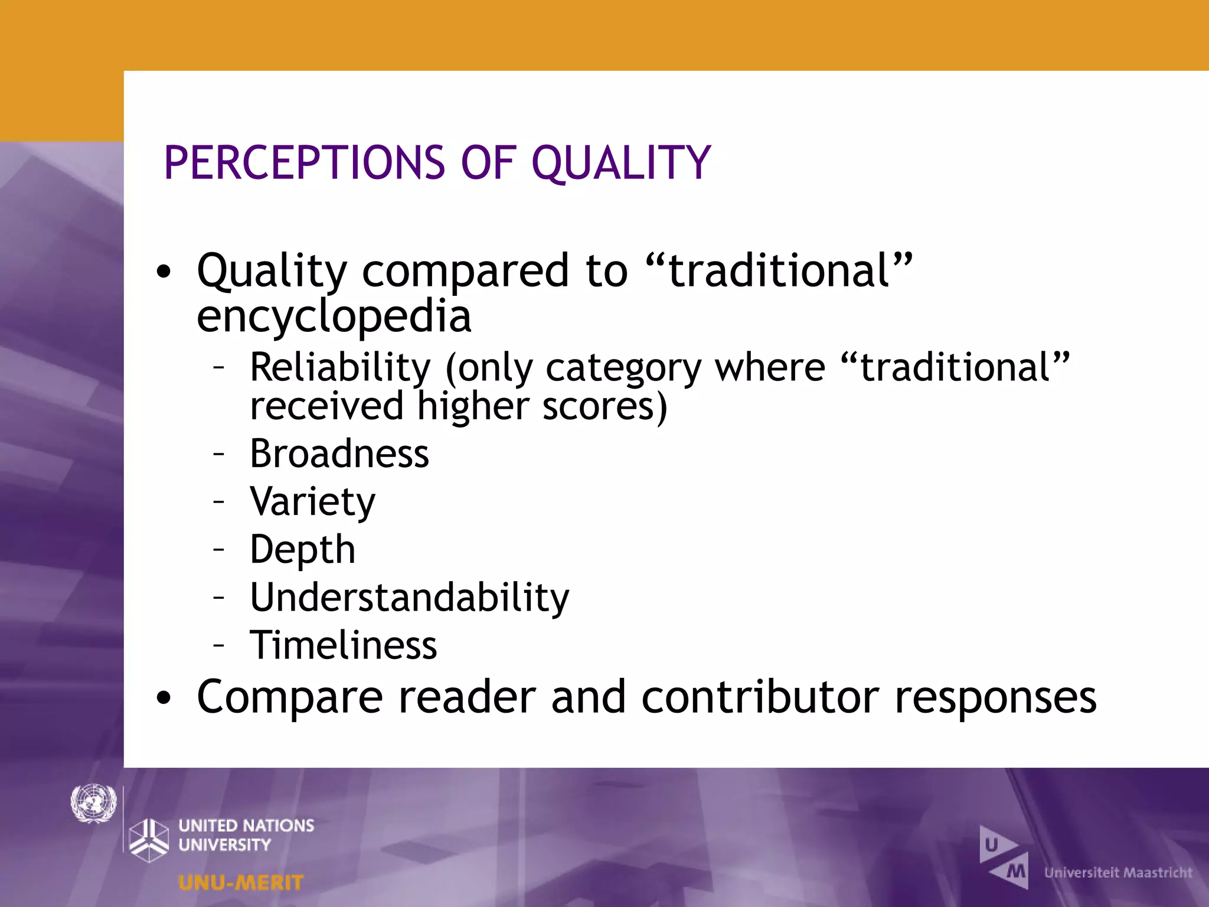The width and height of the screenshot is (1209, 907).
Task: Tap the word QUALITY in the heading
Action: coord(621,163)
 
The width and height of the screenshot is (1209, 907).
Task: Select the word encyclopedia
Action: coord(334,317)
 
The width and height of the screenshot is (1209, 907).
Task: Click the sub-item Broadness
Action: coord(339,453)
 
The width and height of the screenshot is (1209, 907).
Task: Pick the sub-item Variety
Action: coord(312,502)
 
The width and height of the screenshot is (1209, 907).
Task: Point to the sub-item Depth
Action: coord(302,550)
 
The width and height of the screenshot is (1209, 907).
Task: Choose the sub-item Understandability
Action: coord(410,598)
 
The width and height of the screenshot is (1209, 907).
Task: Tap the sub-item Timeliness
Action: coord(344,645)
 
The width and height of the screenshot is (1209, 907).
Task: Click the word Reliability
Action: coord(341,367)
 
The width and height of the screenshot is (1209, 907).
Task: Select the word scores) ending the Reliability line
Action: coord(604,407)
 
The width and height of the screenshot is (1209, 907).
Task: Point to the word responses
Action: coord(995,697)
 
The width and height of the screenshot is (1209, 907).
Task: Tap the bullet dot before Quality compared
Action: coord(164,272)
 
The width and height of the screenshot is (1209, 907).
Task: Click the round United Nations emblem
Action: coord(93,803)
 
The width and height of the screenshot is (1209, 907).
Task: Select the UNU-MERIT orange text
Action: coord(241,883)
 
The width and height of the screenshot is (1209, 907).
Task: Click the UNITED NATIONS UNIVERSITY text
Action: coord(246,834)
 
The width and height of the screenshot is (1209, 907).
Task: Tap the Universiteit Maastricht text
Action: coord(1117,873)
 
